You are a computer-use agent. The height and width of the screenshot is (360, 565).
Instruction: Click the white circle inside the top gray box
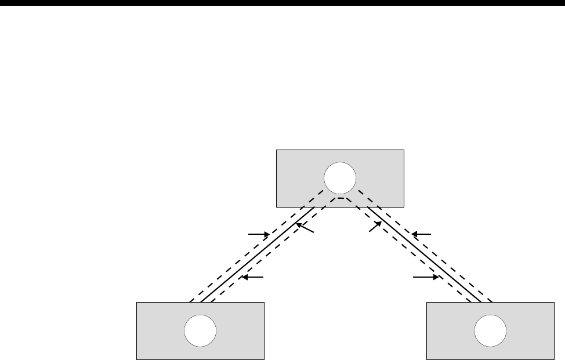[x=339, y=178]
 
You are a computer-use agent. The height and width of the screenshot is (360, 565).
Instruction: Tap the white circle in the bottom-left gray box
[x=200, y=331]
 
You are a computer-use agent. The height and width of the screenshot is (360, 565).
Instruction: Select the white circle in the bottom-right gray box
[x=490, y=332]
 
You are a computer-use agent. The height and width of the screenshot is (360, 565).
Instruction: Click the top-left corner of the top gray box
[x=276, y=150]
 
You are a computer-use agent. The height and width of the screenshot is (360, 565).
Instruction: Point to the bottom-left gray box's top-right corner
[x=265, y=302]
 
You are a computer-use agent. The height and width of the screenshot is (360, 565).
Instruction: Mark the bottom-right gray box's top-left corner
[x=427, y=302]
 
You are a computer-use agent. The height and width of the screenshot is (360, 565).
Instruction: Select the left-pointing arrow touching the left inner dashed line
[x=253, y=278]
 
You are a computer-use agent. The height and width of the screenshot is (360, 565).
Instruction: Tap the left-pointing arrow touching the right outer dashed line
[x=422, y=234]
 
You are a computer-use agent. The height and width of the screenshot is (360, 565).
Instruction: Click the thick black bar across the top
[x=282, y=3]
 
